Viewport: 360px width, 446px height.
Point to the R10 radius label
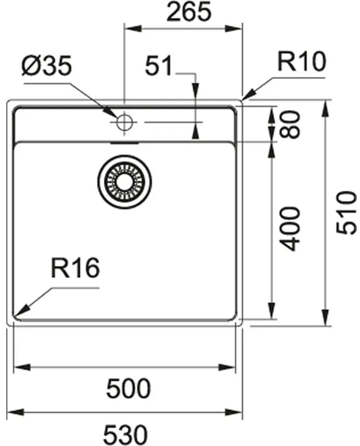(301, 62)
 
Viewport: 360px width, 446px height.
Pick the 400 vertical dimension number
(292, 228)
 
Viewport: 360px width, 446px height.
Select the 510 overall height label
(347, 212)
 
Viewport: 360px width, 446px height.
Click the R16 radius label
(75, 269)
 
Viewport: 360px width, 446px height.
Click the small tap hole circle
(124, 123)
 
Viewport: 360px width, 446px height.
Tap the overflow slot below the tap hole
(124, 140)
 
